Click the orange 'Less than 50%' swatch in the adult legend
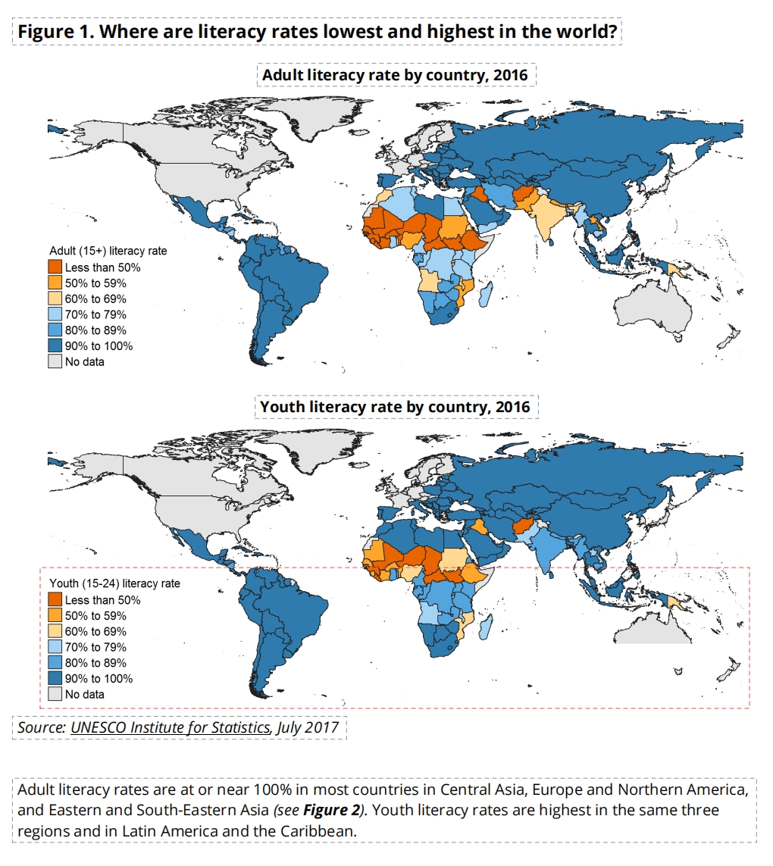pyautogui.click(x=55, y=267)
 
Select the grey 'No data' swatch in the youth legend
pyautogui.click(x=55, y=694)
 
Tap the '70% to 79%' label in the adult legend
pyautogui.click(x=95, y=315)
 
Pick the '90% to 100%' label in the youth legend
pyautogui.click(x=99, y=679)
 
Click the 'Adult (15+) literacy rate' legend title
pyautogui.click(x=108, y=251)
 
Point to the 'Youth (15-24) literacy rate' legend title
pyautogui.click(x=115, y=583)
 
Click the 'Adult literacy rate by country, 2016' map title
pyautogui.click(x=395, y=75)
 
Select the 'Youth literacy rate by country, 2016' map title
pyautogui.click(x=395, y=407)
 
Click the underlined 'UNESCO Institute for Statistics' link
pyautogui.click(x=171, y=727)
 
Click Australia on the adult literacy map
pyautogui.click(x=654, y=307)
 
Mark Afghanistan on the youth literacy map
pyautogui.click(x=524, y=527)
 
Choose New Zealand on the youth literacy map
pyautogui.click(x=729, y=669)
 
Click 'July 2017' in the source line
pyautogui.click(x=308, y=727)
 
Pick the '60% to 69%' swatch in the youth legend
pyautogui.click(x=55, y=631)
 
